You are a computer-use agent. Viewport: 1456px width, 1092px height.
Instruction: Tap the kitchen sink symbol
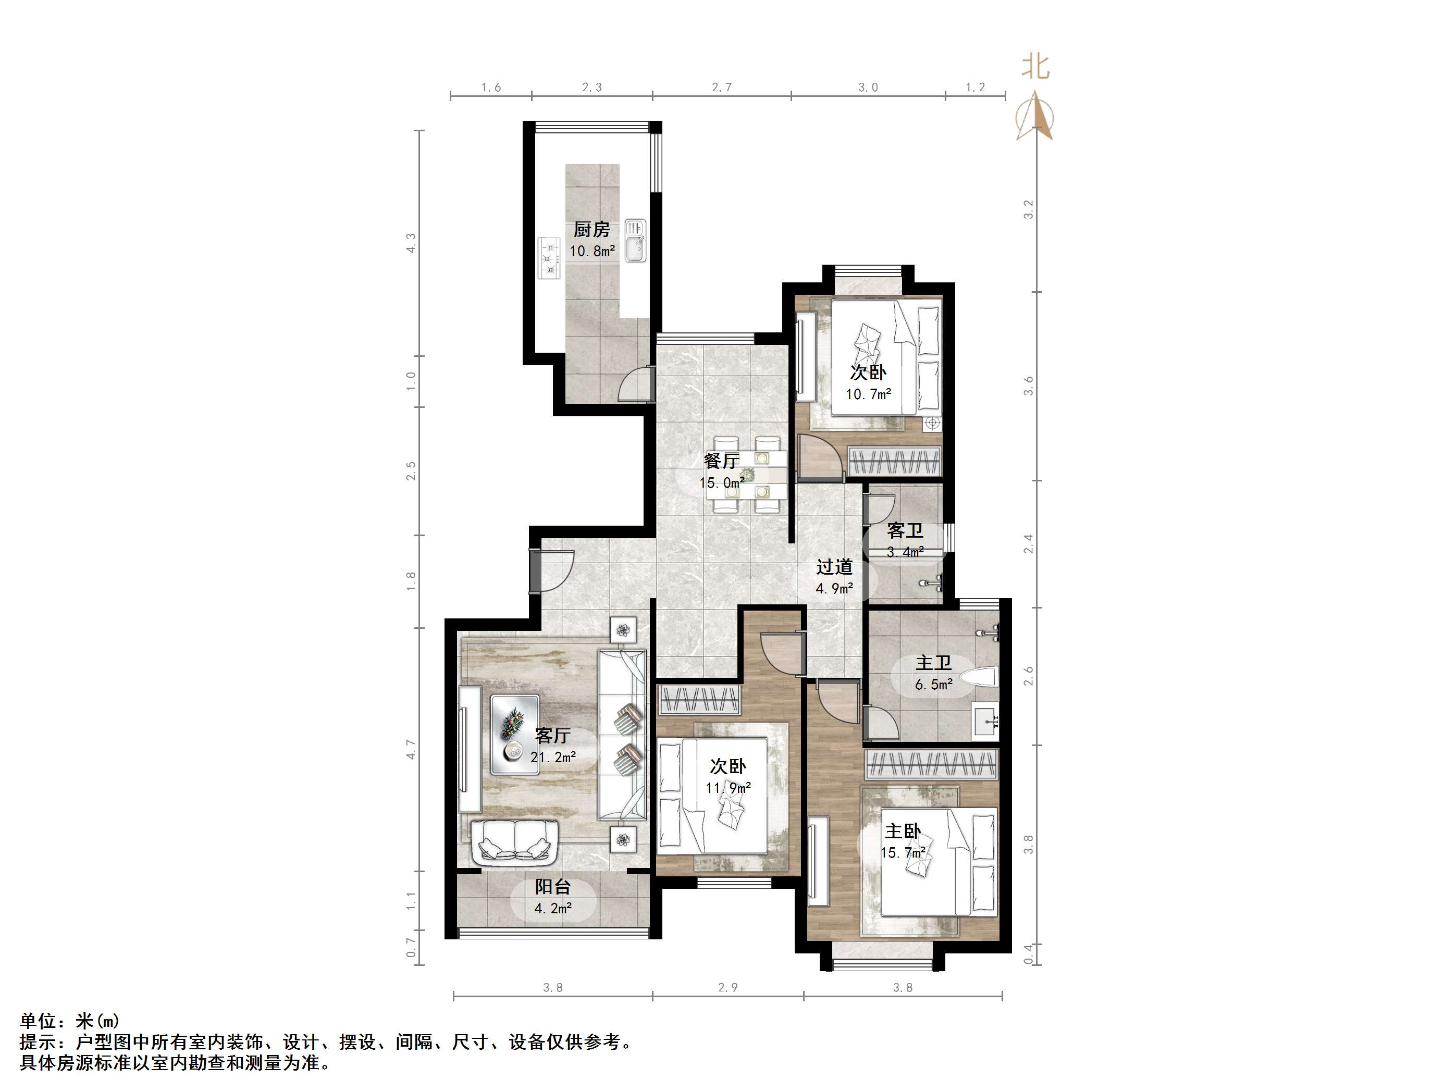click(636, 240)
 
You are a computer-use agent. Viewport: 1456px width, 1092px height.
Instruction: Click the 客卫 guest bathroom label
click(905, 530)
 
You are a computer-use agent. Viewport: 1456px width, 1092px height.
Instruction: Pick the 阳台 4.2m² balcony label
click(552, 897)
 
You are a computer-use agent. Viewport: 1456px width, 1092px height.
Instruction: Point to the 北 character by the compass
click(1035, 67)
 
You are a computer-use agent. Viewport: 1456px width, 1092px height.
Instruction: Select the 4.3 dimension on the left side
click(411, 243)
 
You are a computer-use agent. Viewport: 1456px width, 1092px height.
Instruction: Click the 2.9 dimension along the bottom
click(727, 987)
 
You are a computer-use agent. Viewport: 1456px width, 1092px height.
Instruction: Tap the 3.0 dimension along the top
click(868, 88)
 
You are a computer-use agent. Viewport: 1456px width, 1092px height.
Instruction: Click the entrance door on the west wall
click(535, 569)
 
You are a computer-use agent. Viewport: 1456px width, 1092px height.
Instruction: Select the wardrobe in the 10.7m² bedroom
click(893, 461)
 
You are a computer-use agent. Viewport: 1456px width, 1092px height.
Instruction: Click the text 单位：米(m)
click(70, 1021)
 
